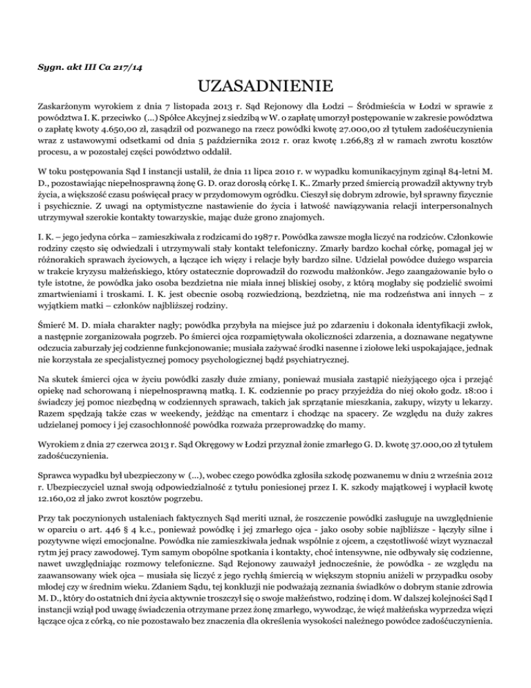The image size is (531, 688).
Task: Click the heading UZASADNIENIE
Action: pos(265,87)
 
